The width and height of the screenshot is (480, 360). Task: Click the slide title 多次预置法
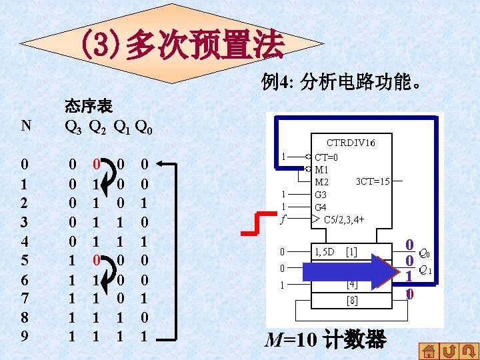(x=183, y=44)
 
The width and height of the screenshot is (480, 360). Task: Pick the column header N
(x=25, y=125)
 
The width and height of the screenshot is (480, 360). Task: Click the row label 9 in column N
(x=25, y=336)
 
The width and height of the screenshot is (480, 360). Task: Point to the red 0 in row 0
(x=96, y=163)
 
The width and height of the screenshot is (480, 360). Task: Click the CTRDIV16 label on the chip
(x=351, y=143)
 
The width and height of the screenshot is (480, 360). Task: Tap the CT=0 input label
(x=327, y=157)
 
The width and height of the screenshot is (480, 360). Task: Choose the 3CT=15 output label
(x=373, y=181)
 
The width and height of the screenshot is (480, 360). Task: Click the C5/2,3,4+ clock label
(x=343, y=219)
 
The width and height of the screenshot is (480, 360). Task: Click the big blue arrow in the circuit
(x=347, y=272)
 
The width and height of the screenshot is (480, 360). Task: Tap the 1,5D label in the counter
(x=325, y=251)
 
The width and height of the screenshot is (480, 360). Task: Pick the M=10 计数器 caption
(x=325, y=340)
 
